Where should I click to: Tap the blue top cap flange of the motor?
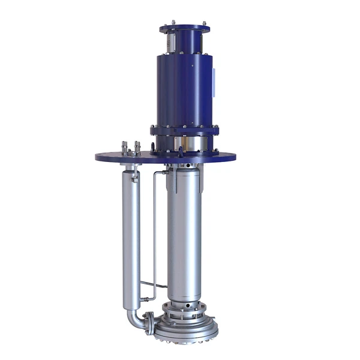[185, 28]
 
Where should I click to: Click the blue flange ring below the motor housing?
[185, 129]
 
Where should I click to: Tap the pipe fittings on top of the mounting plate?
[130, 148]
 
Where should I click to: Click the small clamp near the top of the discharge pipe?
[136, 176]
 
